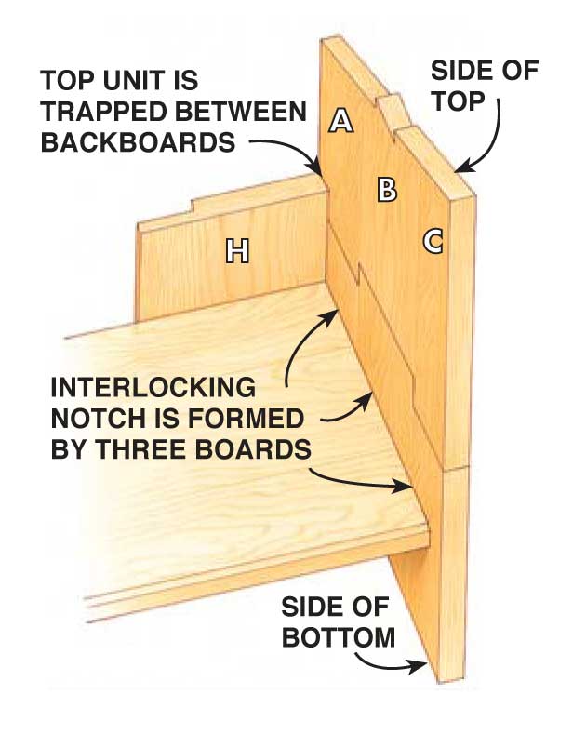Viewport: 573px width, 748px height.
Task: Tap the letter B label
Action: coord(387,190)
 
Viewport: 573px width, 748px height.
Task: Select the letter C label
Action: coord(433,241)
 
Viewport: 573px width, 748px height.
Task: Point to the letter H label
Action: coord(238,249)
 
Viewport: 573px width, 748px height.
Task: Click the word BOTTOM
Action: coord(339,639)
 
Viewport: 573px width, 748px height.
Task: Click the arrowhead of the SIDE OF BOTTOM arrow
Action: coord(422,665)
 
